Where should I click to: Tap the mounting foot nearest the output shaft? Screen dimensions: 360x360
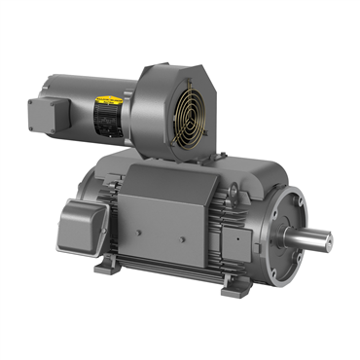(234, 287)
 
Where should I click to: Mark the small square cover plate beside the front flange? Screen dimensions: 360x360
(239, 236)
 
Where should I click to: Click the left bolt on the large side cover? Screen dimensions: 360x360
(141, 233)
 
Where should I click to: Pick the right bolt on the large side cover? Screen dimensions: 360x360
(201, 239)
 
